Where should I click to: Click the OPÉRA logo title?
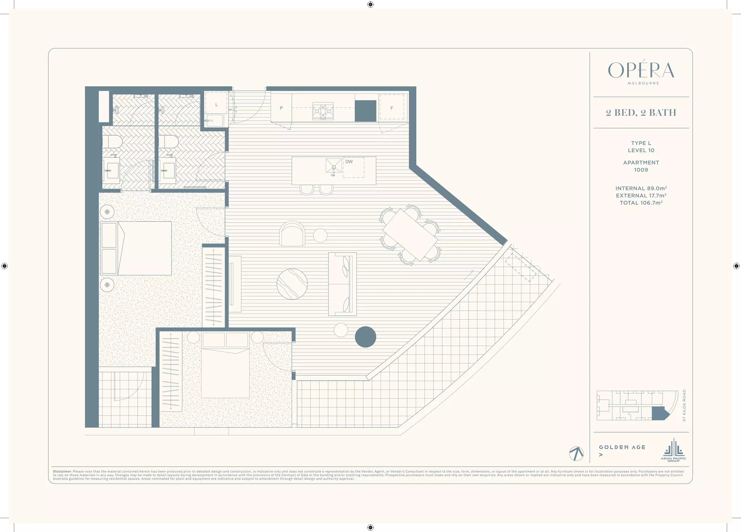tap(641, 70)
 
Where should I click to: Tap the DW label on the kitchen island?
tap(349, 162)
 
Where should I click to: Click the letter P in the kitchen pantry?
tap(281, 108)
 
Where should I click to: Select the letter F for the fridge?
tap(391, 108)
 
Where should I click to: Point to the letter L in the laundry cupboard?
tap(216, 105)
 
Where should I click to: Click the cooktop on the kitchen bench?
tap(323, 111)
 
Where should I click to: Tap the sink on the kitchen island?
tap(333, 166)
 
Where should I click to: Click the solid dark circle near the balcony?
tap(365, 337)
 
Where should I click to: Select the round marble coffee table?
tap(292, 284)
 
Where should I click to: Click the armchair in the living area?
tap(292, 234)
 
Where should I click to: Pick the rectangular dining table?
tap(410, 234)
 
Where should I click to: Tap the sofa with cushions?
tap(342, 284)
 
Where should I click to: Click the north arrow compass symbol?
tap(576, 454)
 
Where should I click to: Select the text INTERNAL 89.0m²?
tap(641, 188)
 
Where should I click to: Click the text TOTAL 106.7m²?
tap(641, 203)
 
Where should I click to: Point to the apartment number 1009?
tap(641, 170)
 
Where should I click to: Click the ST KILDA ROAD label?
tap(684, 405)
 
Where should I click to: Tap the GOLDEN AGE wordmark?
tap(622, 447)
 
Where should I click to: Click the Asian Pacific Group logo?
tap(673, 450)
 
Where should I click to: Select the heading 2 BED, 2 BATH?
tap(641, 113)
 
